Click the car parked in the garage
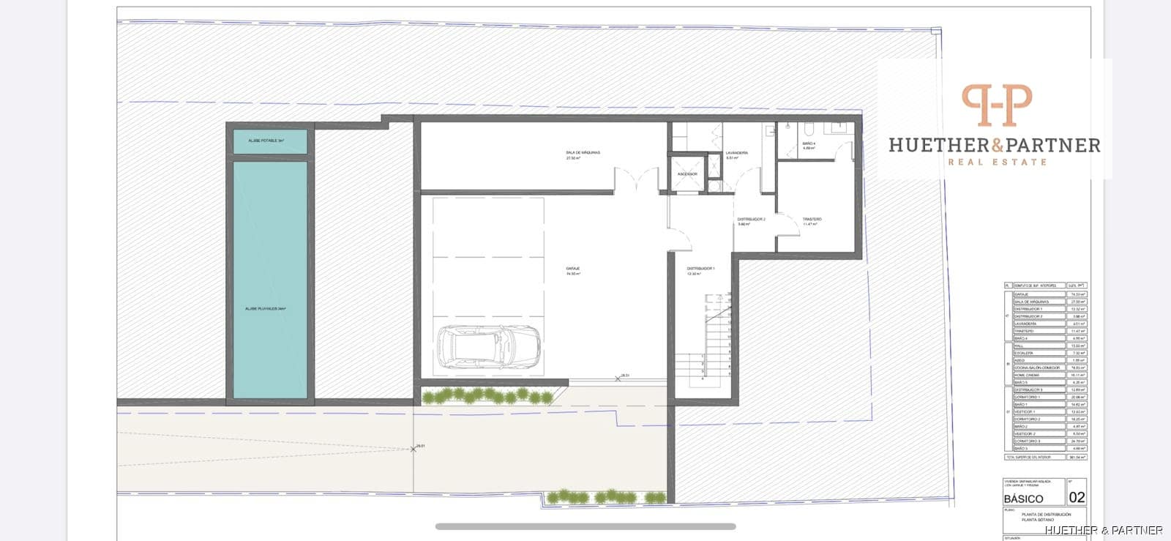489,346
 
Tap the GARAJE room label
573,269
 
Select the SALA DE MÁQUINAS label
583,152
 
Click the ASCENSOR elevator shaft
687,174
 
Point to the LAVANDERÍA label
737,153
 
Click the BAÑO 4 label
809,143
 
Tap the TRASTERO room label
812,220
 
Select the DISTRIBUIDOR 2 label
751,220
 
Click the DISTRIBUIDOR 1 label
700,269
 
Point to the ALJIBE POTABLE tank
270,141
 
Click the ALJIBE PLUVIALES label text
266,309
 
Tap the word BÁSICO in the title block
1024,498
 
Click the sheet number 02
1077,498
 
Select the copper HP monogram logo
996,105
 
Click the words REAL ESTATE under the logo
997,162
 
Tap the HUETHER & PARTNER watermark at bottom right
1104,530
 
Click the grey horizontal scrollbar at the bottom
585,526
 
